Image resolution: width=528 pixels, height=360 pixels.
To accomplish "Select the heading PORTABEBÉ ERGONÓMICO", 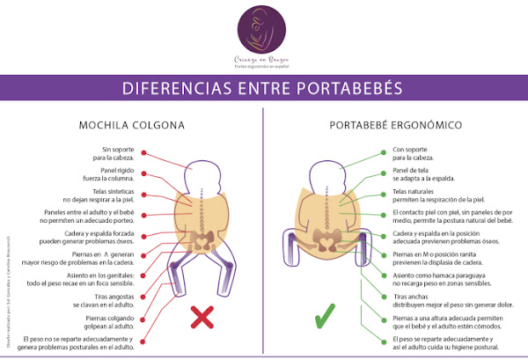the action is click(396, 125).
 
